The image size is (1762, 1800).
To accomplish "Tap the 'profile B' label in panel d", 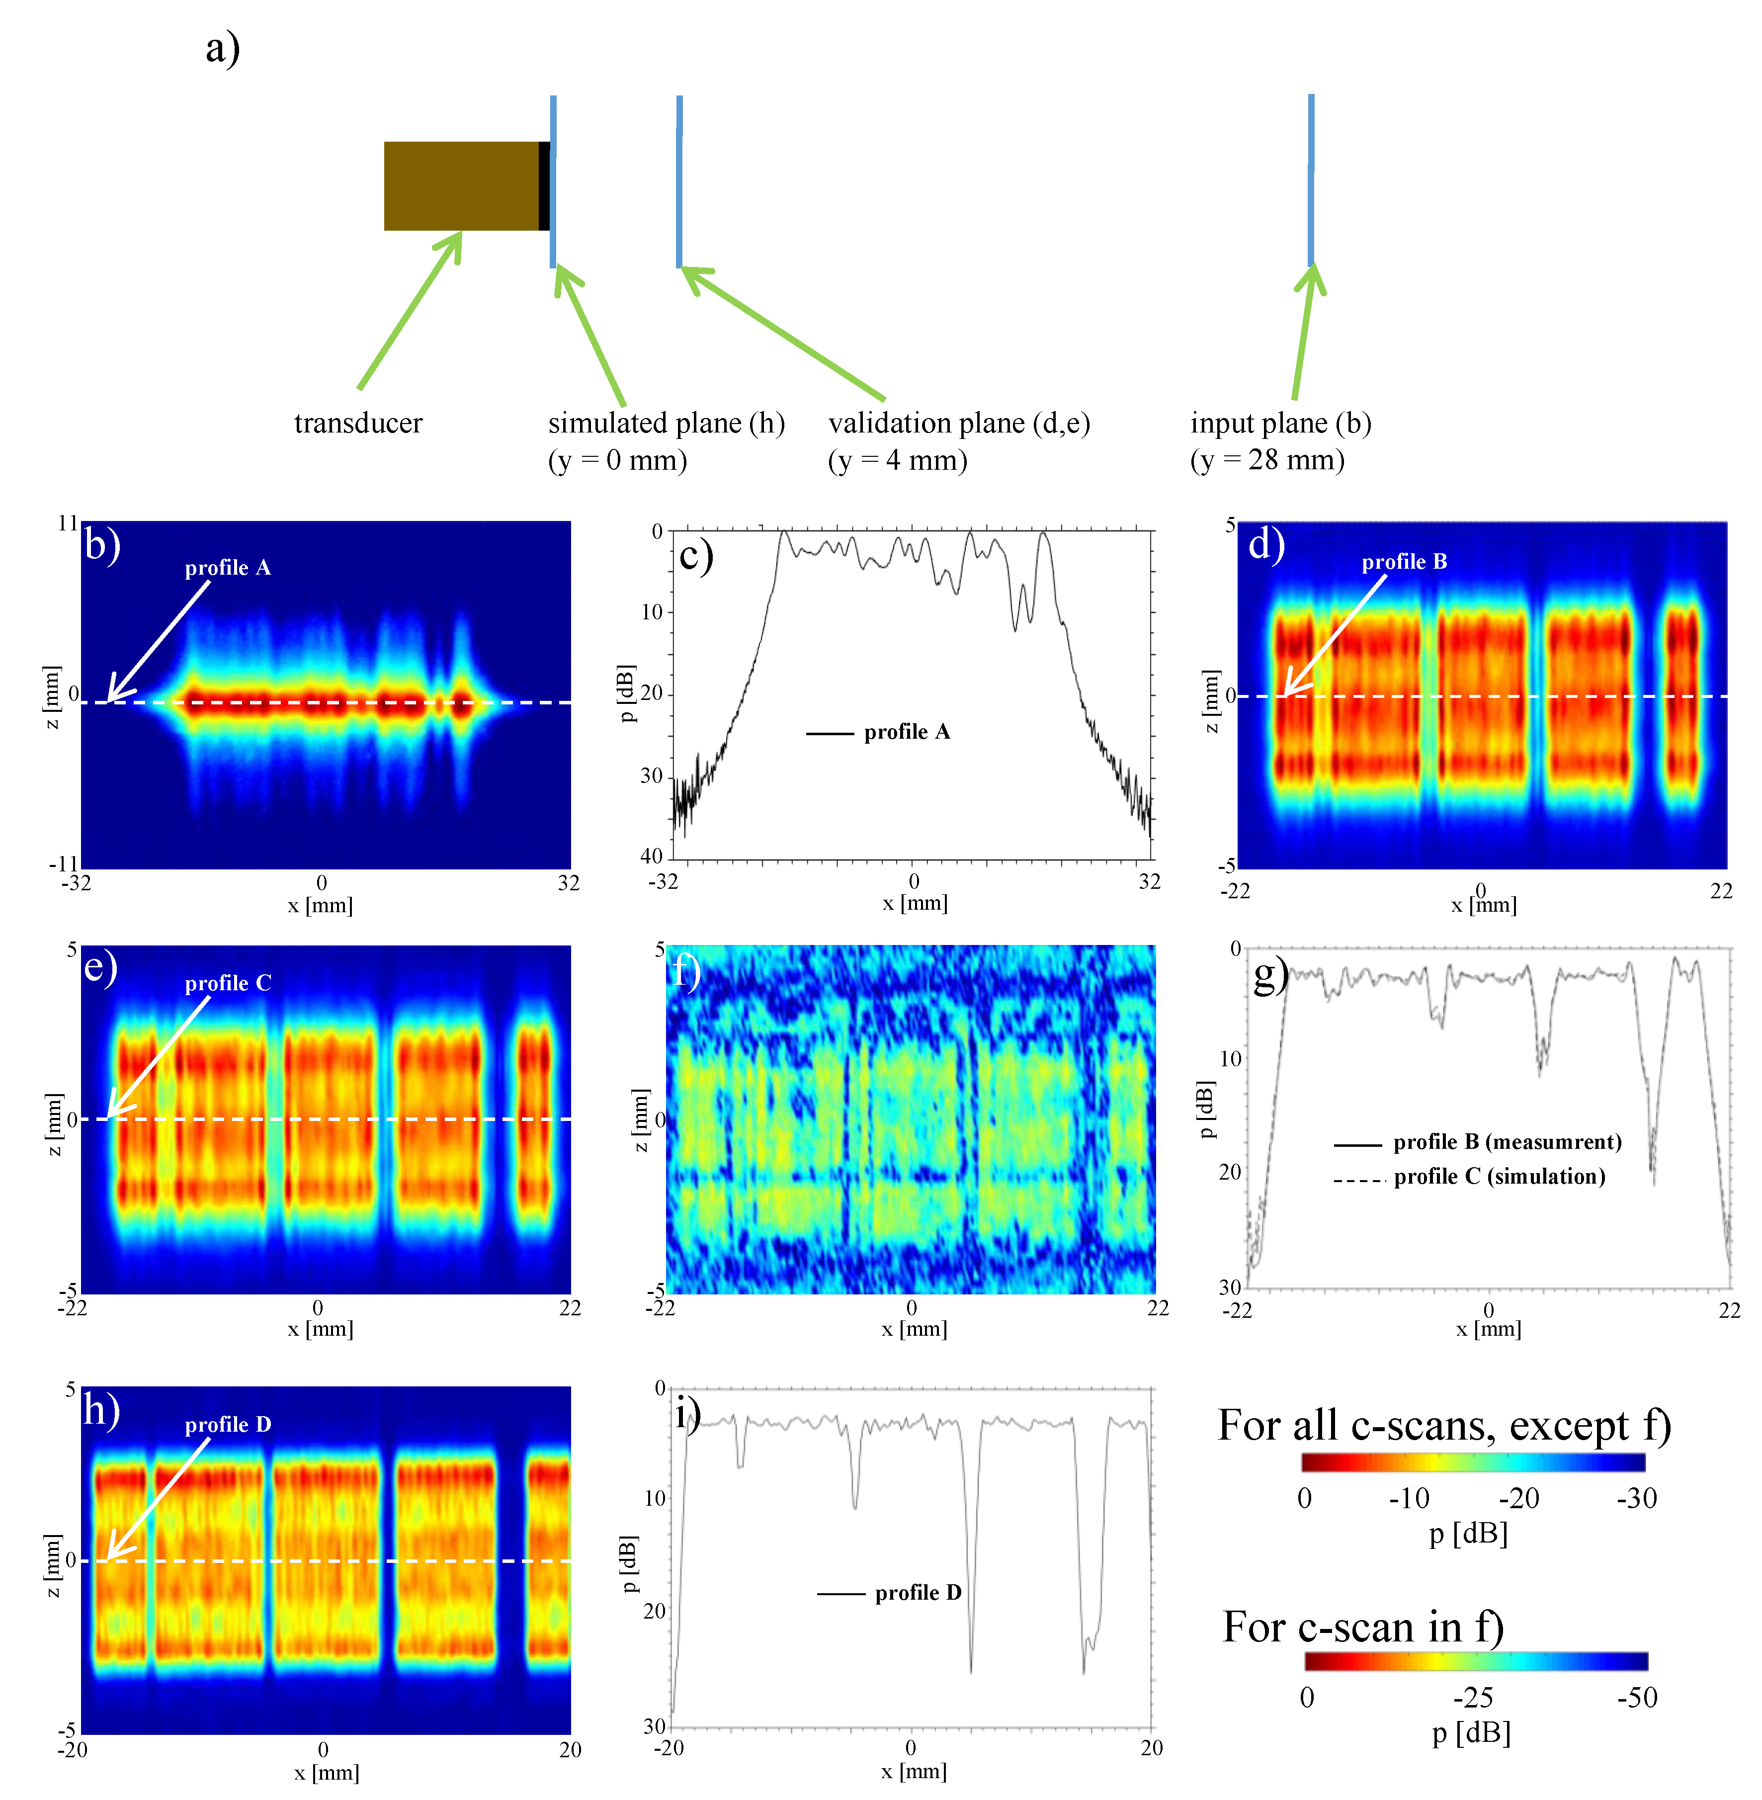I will coord(1404,562).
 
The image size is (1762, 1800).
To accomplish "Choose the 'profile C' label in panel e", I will coord(228,983).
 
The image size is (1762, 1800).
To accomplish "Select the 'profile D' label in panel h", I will coord(228,1424).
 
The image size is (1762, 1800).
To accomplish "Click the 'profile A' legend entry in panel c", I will coord(907,732).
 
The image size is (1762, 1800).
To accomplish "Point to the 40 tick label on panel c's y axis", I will coord(652,856).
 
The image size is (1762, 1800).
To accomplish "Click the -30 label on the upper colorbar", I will coord(1636,1498).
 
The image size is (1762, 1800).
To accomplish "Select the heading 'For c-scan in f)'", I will coord(1362,1627).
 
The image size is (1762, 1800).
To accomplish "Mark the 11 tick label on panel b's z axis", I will coord(68,524).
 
